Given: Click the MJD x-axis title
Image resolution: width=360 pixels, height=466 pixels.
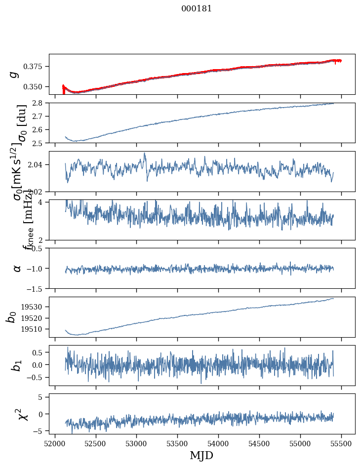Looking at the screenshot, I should (x=201, y=455).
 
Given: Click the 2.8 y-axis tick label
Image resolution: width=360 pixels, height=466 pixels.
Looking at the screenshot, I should (x=40, y=103).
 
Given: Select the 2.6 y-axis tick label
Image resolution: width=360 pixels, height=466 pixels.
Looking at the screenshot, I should (x=40, y=129).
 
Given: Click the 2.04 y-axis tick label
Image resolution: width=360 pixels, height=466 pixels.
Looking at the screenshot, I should (x=38, y=164).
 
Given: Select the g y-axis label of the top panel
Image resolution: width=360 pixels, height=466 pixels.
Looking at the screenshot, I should (x=14, y=74).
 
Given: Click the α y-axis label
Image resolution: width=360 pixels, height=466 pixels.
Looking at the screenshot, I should (x=17, y=268).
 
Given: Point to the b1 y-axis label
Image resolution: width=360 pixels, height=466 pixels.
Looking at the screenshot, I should (x=16, y=365).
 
